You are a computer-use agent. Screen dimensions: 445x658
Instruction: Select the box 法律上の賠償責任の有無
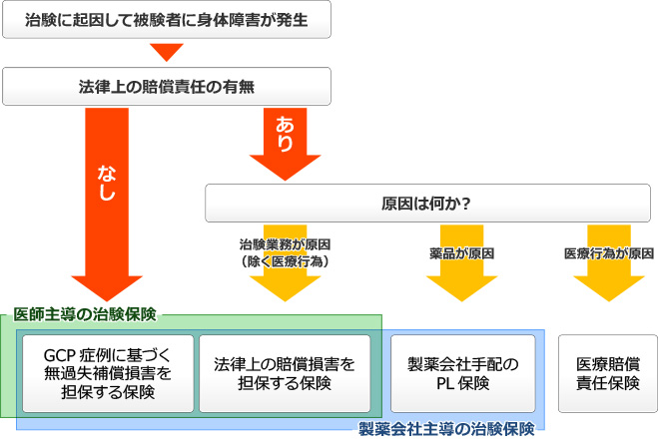(x=167, y=87)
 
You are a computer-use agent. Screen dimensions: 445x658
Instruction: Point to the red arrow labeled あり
(x=284, y=140)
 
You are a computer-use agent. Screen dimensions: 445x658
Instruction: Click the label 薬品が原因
(x=460, y=253)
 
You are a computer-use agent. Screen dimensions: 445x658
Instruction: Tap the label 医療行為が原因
(x=608, y=253)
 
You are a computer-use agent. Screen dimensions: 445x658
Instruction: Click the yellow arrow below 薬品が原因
(x=460, y=284)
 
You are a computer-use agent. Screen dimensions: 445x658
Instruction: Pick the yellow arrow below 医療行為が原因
(x=608, y=284)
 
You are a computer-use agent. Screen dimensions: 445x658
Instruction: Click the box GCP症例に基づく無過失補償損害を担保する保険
(x=107, y=373)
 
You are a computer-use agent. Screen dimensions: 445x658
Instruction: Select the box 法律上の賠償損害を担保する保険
(x=285, y=373)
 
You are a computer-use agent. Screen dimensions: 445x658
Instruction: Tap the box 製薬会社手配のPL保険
(x=461, y=373)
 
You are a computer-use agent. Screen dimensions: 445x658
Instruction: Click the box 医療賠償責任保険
(x=607, y=373)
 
